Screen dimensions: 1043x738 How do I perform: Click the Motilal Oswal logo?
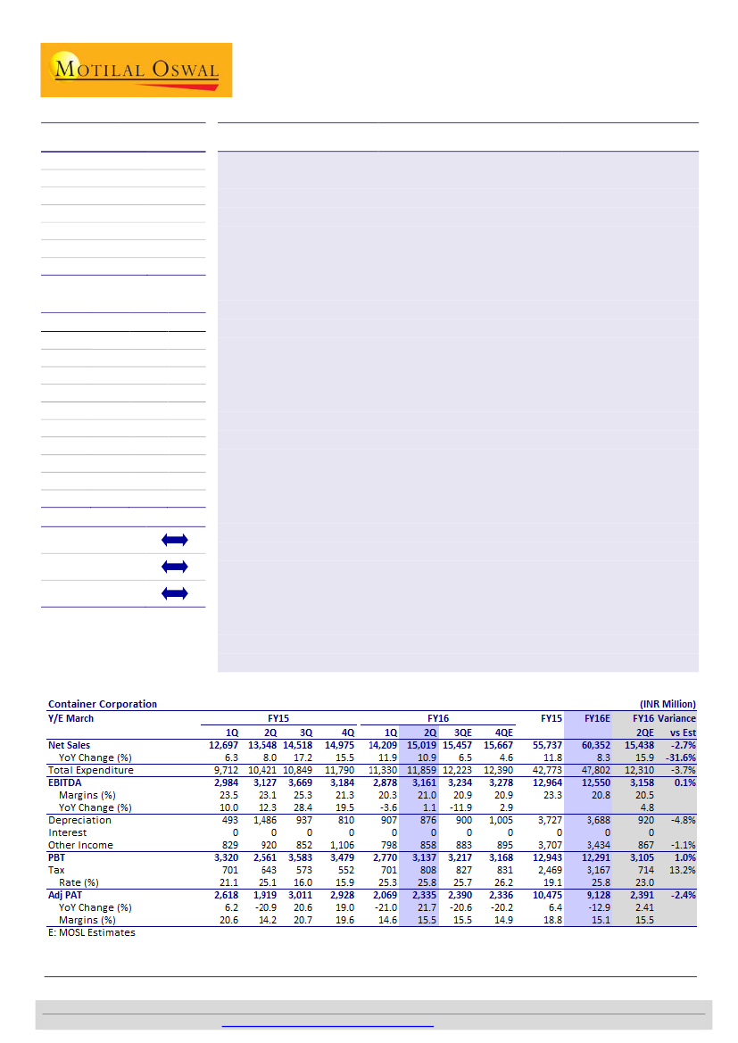136,70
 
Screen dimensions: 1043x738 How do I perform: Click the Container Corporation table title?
103,704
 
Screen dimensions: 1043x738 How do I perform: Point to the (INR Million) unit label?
668,704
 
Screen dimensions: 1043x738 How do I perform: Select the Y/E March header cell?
70,717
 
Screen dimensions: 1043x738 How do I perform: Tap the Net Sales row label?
69,744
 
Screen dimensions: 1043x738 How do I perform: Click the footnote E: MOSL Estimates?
91,932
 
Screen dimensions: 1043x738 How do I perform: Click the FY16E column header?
597,717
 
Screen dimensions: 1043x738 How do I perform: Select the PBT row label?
56,857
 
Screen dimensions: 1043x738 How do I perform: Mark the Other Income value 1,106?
340,844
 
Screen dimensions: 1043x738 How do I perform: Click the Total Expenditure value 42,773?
544,769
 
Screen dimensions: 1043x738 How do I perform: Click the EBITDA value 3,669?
299,782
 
